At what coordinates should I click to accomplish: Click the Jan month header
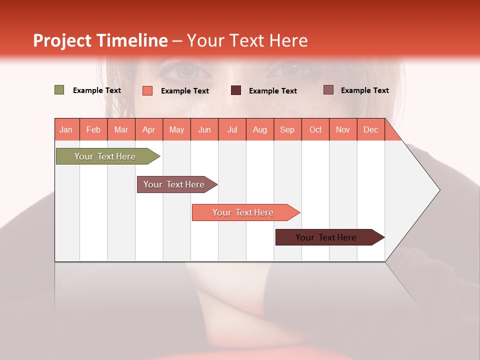66,129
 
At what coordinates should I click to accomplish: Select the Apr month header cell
149,129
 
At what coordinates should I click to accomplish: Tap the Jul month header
232,129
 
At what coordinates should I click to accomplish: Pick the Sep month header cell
287,129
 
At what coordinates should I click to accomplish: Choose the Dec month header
370,129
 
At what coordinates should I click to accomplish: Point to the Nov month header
343,129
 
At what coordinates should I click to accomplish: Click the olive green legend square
59,90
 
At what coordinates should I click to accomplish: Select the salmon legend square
147,90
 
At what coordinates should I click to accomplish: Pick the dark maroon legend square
236,90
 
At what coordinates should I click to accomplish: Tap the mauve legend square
328,90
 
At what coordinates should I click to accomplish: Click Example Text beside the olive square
97,90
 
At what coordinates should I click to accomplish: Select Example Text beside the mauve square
364,90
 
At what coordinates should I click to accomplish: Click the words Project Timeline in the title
100,40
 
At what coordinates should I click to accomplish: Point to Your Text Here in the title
247,40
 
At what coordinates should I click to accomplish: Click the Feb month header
93,129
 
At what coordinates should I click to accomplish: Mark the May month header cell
176,129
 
